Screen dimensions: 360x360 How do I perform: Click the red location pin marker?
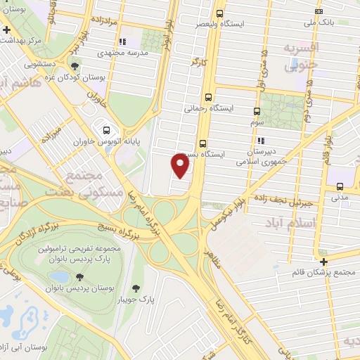tap(181, 165)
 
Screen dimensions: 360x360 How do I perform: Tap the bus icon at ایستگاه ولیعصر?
tap(220, 13)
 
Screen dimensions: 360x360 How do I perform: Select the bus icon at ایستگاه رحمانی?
tap(207, 98)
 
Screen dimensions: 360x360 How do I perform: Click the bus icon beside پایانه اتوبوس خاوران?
tap(106, 130)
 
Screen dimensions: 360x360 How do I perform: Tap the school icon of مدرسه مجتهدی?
tap(123, 41)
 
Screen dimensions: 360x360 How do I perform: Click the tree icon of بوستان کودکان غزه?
tap(75, 67)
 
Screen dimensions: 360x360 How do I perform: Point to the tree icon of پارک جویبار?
tap(136, 288)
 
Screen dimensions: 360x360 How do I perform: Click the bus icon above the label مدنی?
tap(340, 186)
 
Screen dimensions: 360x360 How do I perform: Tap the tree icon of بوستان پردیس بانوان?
tap(79, 276)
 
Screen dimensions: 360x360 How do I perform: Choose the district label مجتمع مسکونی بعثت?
tap(73, 182)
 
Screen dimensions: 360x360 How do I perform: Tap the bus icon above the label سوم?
tap(256, 111)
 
